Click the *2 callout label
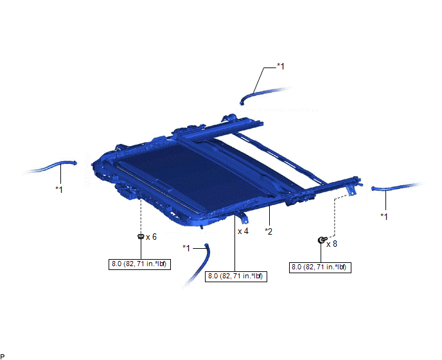tap(269, 231)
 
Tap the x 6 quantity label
tap(151, 237)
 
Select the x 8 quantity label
tap(331, 244)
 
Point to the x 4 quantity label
tap(243, 231)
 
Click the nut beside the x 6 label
tap(141, 237)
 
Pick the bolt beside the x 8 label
tap(321, 240)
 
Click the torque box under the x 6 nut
tap(139, 264)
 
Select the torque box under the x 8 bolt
tap(320, 267)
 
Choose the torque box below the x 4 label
tap(236, 276)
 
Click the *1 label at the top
tap(281, 67)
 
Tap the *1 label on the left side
tap(59, 189)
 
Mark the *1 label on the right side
tap(384, 217)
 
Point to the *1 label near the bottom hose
tap(186, 248)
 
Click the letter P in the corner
tap(3, 356)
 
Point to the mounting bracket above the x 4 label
tap(243, 217)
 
